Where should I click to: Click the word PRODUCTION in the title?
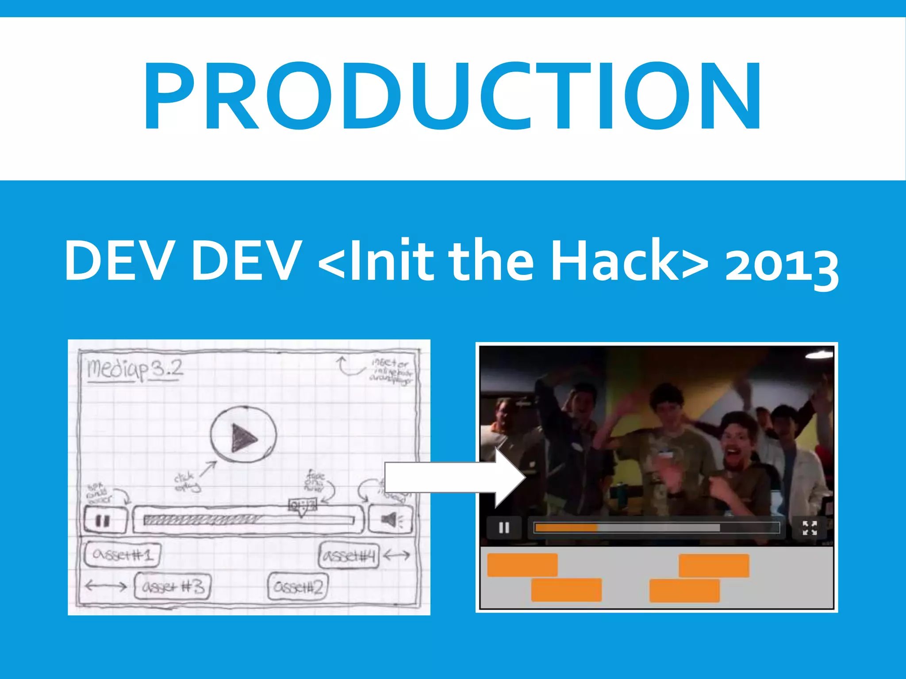click(452, 96)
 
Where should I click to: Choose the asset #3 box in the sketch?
click(173, 587)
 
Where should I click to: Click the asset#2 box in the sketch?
click(298, 587)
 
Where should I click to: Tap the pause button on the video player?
click(503, 528)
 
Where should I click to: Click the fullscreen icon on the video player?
click(810, 528)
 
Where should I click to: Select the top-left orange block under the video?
click(522, 565)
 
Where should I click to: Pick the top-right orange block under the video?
click(714, 565)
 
